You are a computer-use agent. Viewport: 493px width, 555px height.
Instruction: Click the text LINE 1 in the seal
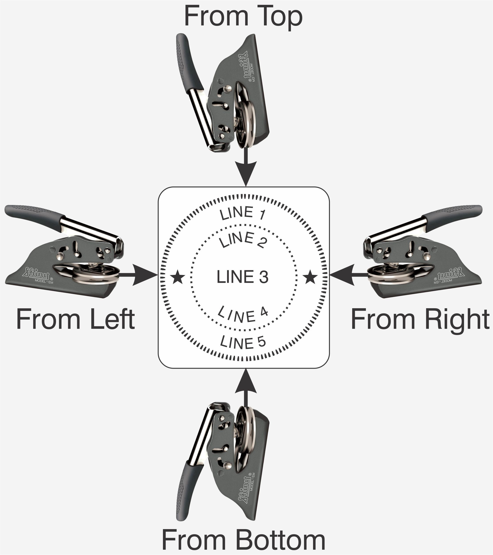click(x=243, y=213)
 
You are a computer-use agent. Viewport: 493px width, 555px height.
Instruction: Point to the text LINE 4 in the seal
click(x=243, y=314)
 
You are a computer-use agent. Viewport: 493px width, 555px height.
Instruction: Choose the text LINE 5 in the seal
click(x=243, y=342)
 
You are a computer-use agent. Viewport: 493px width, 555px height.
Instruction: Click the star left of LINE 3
click(x=178, y=277)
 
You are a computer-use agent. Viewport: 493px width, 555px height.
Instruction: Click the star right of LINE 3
click(x=310, y=277)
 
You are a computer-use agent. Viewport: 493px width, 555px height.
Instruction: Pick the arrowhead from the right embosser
click(x=342, y=275)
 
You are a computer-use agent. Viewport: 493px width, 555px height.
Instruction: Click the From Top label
click(x=243, y=17)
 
